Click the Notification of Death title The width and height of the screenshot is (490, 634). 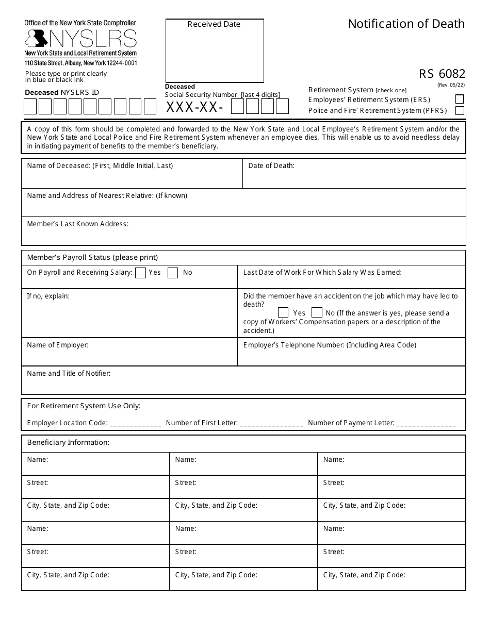pyautogui.click(x=406, y=24)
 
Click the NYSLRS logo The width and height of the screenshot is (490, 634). pyautogui.click(x=81, y=39)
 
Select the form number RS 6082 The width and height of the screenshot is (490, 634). pyautogui.click(x=442, y=74)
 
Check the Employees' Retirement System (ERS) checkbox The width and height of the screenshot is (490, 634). pyautogui.click(x=460, y=99)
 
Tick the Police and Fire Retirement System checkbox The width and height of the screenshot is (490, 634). pyautogui.click(x=460, y=110)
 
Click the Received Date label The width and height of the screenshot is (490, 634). pyautogui.click(x=214, y=24)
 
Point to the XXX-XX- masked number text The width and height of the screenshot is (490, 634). pyautogui.click(x=194, y=107)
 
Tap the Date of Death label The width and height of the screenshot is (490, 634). pyautogui.click(x=271, y=166)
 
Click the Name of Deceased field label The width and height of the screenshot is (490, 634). pyautogui.click(x=100, y=166)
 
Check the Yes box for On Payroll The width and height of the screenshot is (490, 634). pyautogui.click(x=140, y=273)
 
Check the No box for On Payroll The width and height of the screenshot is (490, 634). pyautogui.click(x=173, y=273)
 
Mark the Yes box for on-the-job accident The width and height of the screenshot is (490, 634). pyautogui.click(x=283, y=313)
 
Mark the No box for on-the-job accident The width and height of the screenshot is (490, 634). pyautogui.click(x=317, y=313)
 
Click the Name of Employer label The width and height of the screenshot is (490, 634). pyautogui.click(x=58, y=345)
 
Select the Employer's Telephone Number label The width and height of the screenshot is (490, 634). pyautogui.click(x=330, y=345)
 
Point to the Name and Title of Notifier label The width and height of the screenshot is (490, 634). pyautogui.click(x=69, y=374)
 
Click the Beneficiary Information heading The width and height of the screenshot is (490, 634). pyautogui.click(x=69, y=443)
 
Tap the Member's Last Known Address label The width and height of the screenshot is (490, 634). pyautogui.click(x=78, y=224)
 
